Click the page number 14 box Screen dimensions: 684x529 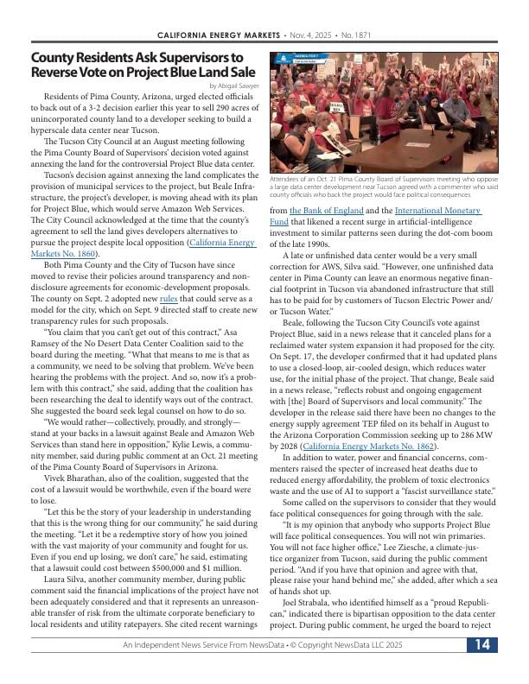click(x=481, y=668)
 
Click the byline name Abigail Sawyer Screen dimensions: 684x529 click(x=237, y=86)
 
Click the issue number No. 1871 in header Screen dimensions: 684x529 click(x=357, y=35)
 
